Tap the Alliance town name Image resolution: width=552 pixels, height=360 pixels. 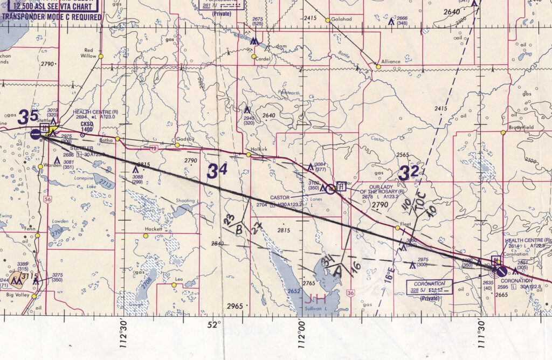391,61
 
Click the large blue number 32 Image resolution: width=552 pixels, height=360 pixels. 409,173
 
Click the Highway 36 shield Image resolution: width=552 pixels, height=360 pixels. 351,293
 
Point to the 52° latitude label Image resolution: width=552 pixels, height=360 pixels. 215,325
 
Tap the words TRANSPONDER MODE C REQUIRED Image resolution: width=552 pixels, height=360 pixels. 51,17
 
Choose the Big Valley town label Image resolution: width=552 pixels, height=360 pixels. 16,296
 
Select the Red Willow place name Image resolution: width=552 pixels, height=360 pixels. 88,53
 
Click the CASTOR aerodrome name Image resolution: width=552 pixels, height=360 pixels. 280,197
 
